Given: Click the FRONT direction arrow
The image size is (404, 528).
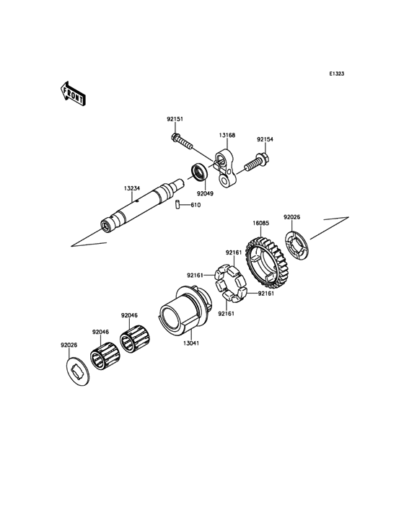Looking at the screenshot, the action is point(73,94).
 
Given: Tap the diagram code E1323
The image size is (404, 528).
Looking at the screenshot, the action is point(336,74).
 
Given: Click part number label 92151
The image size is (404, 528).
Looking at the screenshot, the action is point(175,119).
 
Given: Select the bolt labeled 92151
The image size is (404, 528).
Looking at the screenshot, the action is point(182,141).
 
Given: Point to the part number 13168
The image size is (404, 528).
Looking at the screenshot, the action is point(227,136).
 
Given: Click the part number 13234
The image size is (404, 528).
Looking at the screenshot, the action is point(131,188).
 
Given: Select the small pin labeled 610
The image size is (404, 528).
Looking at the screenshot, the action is point(177,205).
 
